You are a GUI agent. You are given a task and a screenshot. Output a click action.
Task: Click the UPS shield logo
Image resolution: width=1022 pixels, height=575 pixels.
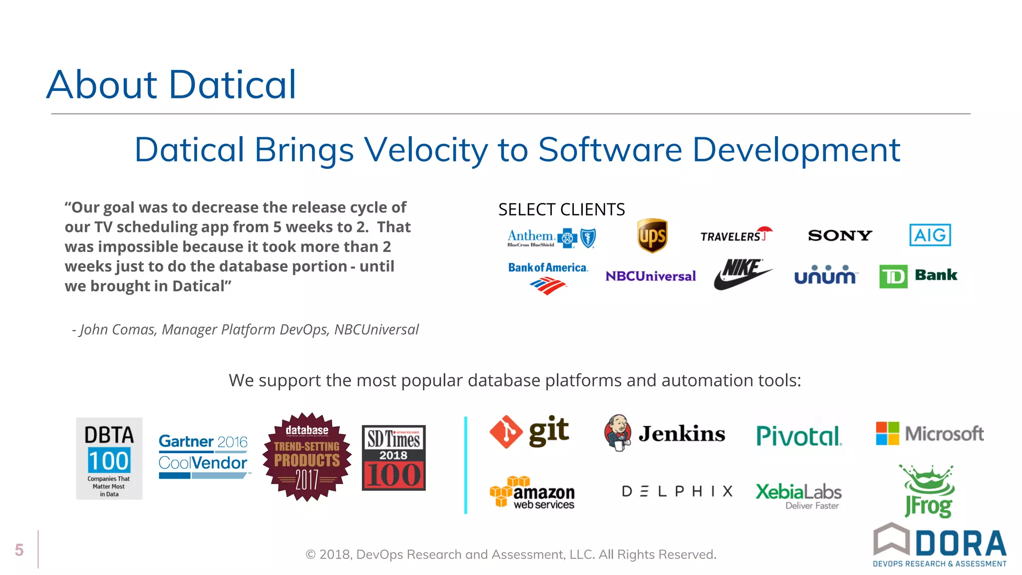click(652, 236)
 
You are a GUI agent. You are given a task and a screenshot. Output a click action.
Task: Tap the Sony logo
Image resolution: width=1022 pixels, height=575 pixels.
click(840, 236)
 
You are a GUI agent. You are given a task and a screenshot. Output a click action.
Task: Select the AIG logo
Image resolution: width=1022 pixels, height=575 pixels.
click(930, 235)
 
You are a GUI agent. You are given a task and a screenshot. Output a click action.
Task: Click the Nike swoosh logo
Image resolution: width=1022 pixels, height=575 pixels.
click(743, 274)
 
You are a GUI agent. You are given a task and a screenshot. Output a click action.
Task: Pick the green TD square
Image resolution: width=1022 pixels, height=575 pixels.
click(893, 277)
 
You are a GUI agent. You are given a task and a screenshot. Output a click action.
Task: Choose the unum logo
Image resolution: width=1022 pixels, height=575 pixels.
click(825, 275)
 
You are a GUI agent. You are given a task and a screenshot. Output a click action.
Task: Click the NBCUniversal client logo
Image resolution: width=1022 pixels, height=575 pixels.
click(650, 276)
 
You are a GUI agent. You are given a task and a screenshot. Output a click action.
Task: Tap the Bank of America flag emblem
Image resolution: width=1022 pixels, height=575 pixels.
click(547, 287)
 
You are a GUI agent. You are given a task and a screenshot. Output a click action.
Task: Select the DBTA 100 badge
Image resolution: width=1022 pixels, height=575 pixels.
click(109, 458)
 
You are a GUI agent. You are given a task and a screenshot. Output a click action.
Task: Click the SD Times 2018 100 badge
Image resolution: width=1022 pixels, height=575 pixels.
click(394, 458)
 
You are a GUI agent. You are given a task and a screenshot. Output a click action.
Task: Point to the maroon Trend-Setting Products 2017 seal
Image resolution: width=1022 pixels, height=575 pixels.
click(307, 457)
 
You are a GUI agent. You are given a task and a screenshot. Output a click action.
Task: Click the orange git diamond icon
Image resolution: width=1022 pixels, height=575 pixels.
click(506, 432)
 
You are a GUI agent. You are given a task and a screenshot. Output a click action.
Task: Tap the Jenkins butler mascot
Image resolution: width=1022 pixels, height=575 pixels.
click(618, 432)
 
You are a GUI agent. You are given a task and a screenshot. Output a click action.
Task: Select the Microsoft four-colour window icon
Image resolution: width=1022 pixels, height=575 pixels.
click(887, 433)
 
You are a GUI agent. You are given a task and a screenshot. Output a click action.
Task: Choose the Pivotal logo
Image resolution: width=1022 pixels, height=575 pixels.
click(798, 436)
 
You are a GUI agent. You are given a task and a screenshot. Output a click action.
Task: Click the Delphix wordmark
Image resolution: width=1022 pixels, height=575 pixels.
click(677, 492)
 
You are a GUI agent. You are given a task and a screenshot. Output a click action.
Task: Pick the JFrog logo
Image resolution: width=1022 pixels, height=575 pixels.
click(928, 492)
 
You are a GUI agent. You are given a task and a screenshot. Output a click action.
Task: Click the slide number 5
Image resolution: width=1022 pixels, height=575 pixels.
click(19, 550)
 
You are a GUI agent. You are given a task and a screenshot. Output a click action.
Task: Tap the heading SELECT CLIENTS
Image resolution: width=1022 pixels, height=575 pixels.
click(561, 210)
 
